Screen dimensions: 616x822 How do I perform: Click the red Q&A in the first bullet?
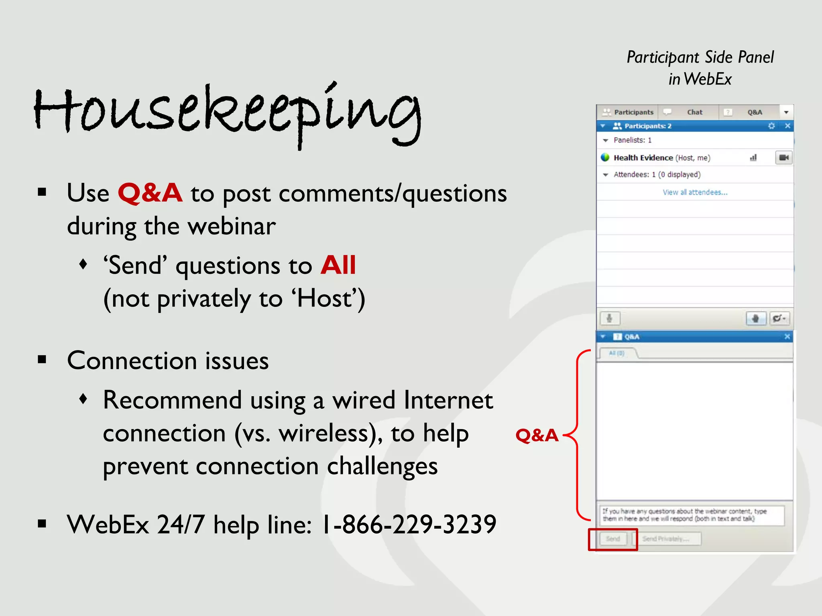coord(150,193)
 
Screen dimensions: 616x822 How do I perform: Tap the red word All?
coord(338,265)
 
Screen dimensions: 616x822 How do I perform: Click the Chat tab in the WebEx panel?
coord(694,112)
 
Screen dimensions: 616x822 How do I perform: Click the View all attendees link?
coord(695,192)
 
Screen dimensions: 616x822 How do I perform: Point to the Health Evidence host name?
coord(643,158)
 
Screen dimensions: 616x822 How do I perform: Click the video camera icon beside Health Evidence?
coord(783,158)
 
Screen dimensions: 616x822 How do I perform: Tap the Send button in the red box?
coord(613,539)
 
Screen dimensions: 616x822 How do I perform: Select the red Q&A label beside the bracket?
coord(537,435)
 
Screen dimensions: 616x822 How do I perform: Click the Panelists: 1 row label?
coord(632,140)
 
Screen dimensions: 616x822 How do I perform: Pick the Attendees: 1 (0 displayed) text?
coord(657,175)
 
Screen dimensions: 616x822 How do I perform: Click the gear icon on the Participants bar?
coord(771,126)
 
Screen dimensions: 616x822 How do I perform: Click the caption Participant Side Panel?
coord(700,57)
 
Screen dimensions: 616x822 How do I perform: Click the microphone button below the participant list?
coord(609,318)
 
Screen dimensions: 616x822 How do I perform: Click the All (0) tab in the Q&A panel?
coord(616,353)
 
